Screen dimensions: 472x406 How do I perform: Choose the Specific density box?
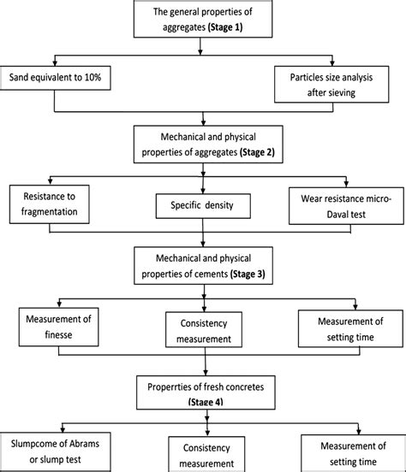coord(203,206)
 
